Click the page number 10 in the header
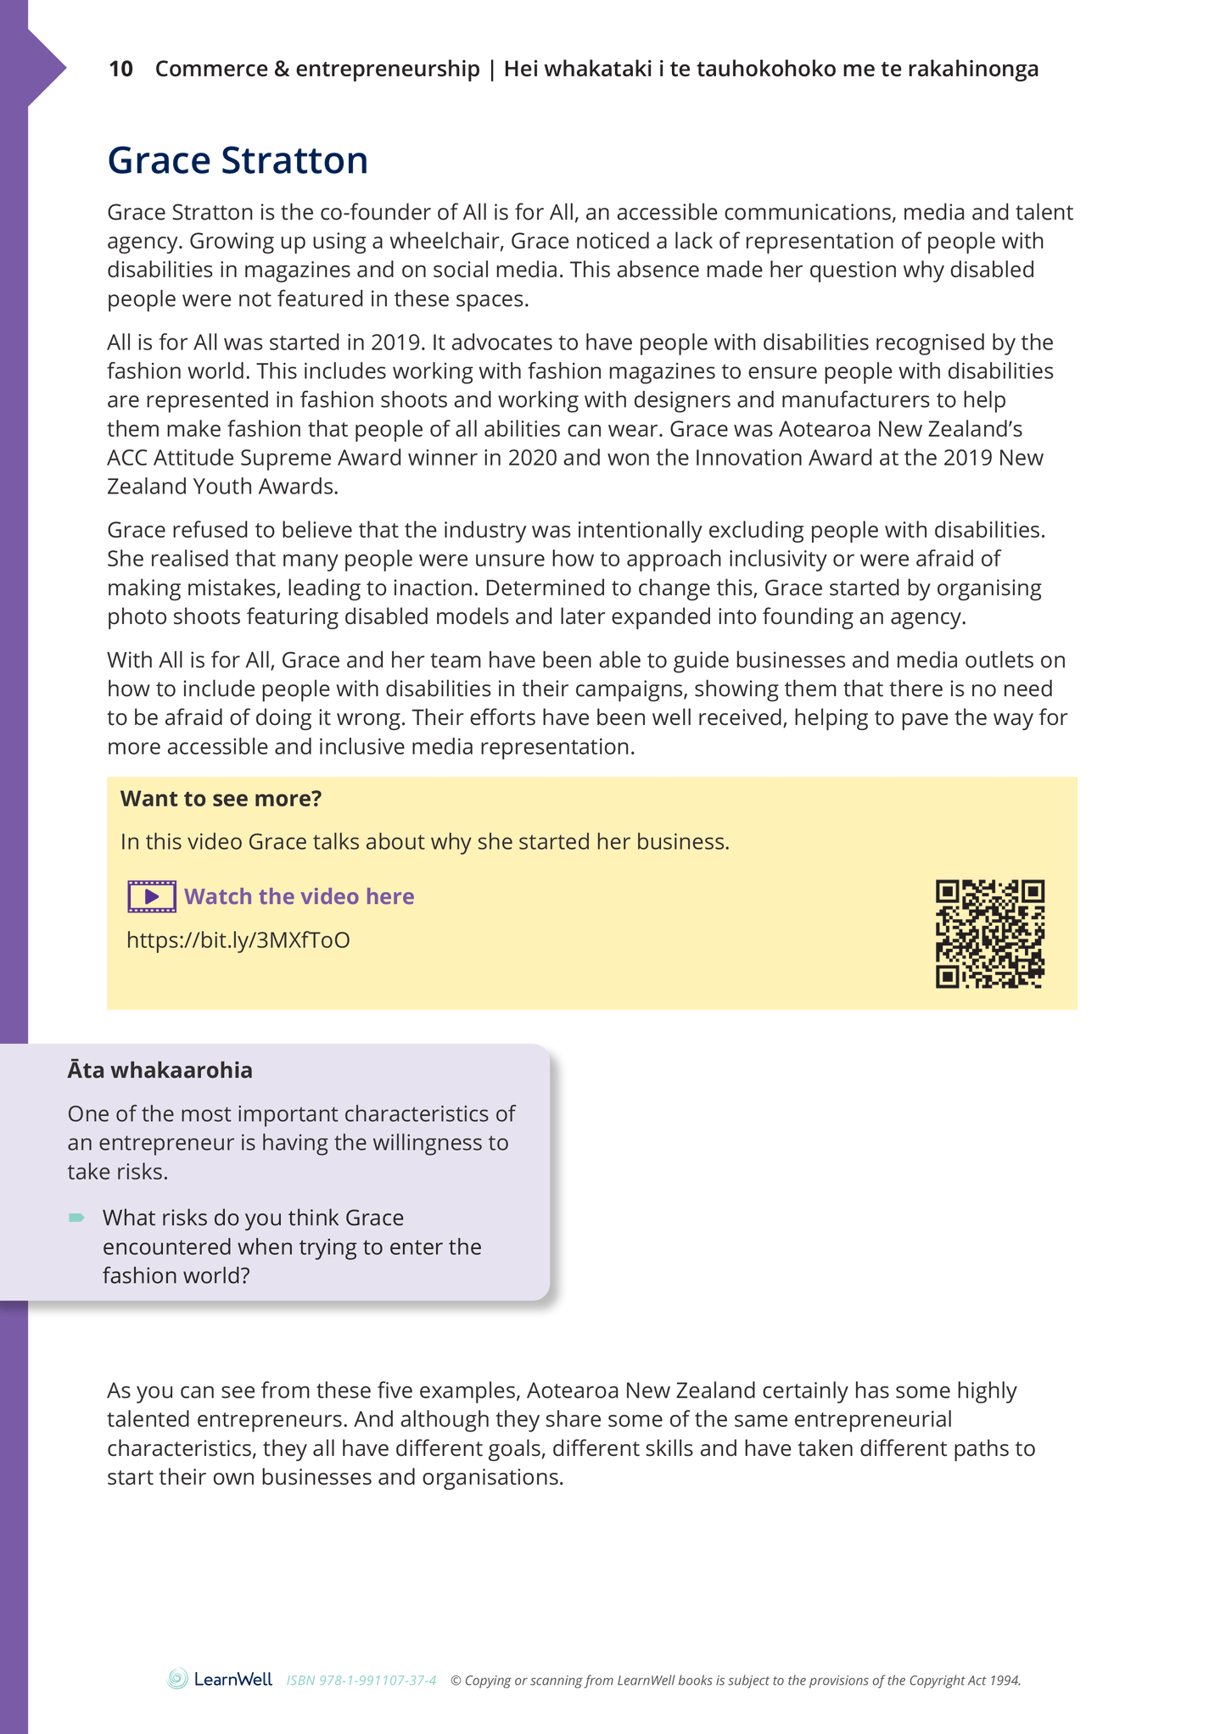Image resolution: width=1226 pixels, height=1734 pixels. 120,69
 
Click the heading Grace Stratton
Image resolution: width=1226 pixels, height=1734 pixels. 238,160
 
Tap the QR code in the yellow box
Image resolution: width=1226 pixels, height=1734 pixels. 989,934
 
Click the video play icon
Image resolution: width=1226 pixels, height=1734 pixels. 152,896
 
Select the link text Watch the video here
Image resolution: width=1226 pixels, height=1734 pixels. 299,896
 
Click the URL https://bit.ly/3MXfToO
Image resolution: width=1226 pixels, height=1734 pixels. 238,940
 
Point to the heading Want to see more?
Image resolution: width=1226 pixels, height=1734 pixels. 221,799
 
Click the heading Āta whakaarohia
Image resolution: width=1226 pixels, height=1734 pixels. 160,1070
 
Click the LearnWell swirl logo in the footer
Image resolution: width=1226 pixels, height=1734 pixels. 177,1679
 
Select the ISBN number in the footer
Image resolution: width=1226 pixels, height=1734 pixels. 361,1681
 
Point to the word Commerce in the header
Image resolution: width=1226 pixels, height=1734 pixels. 211,69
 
